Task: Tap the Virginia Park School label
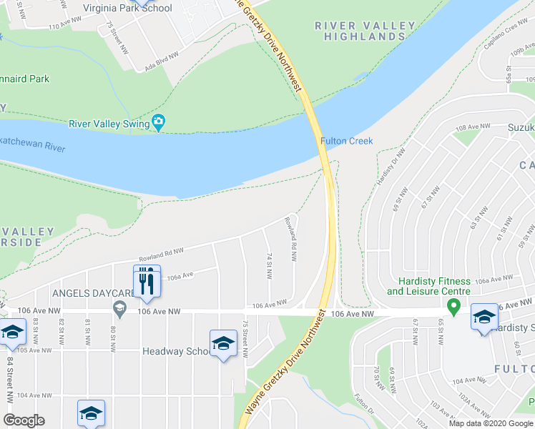[x=127, y=8]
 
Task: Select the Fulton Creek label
[x=347, y=141]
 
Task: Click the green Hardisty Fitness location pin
[x=453, y=307]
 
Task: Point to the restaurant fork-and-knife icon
[x=144, y=281]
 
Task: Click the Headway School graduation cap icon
[x=223, y=345]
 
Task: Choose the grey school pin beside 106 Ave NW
[x=119, y=307]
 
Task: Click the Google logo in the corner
[x=24, y=420]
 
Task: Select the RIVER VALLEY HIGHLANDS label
[x=365, y=31]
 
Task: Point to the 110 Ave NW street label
[x=64, y=26]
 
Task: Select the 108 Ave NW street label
[x=473, y=127]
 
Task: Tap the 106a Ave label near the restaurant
[x=181, y=275]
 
